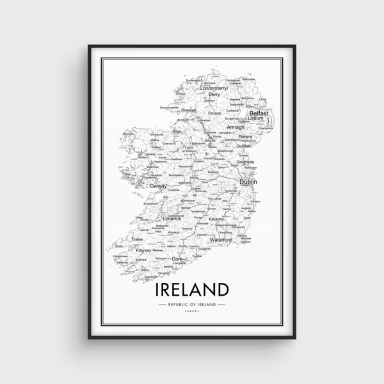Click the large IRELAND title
pyautogui.click(x=191, y=289)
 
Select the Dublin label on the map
pyautogui.click(x=248, y=182)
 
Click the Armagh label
pyautogui.click(x=236, y=127)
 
